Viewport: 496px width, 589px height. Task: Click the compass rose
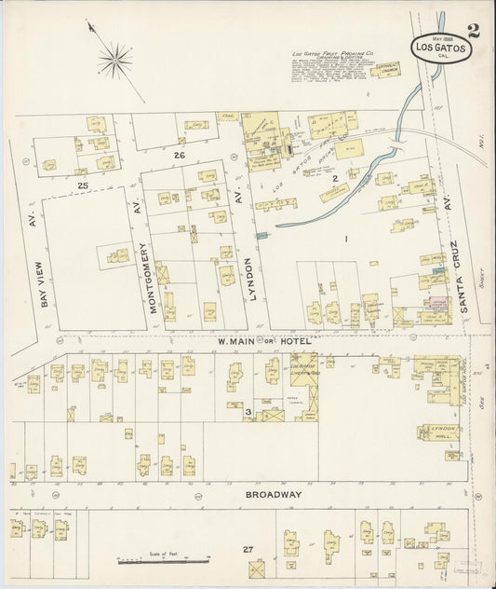pos(115,62)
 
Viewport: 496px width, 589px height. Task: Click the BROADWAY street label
pos(275,494)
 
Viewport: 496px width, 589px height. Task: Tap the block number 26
pos(179,156)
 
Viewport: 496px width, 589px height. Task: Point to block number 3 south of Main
pos(248,411)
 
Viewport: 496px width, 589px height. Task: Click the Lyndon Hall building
pos(441,431)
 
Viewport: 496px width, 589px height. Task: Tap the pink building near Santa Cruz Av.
pos(436,304)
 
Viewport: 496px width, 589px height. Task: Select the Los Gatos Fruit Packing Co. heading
pos(329,56)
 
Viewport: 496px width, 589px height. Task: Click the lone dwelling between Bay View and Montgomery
pos(117,254)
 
